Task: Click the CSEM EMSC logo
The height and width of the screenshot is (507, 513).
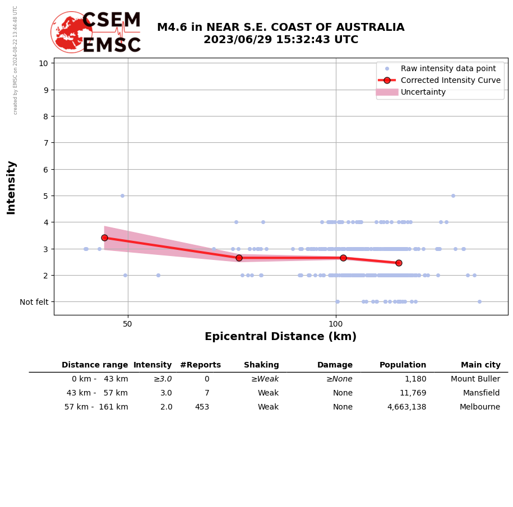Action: coord(96,32)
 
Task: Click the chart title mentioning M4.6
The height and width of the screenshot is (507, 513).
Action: coord(280,34)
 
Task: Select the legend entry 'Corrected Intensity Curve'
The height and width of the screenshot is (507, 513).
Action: coord(450,80)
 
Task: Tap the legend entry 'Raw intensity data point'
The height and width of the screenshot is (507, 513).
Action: coord(448,68)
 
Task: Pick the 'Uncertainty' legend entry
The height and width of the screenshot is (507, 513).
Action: coord(423,92)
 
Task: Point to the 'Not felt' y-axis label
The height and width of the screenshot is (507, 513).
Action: coord(34,302)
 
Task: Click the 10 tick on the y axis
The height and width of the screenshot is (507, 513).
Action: coord(43,63)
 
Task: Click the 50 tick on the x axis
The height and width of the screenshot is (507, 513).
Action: coord(128,324)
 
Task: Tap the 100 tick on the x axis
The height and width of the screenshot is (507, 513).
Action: coord(336,324)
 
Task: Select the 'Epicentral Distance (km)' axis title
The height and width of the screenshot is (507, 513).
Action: coord(280,337)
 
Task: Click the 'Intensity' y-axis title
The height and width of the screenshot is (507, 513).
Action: coord(11,187)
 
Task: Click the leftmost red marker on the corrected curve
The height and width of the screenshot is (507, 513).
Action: coord(104,238)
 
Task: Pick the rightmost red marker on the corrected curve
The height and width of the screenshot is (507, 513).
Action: coord(399,263)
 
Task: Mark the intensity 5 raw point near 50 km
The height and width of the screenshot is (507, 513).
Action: coord(122,196)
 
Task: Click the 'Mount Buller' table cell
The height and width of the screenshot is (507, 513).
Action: coord(475,379)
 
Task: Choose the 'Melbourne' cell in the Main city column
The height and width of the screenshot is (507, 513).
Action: coord(479,407)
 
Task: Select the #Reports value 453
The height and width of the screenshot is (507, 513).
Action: coord(202,407)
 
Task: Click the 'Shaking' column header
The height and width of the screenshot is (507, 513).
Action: coord(261,365)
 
